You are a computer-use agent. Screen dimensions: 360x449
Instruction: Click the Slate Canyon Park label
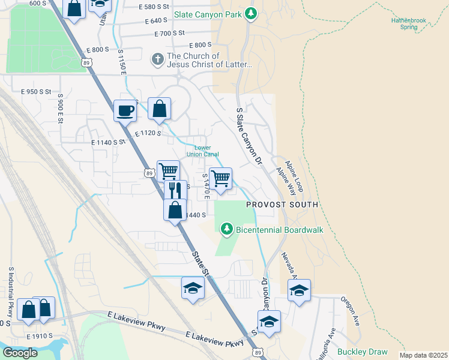pos(208,14)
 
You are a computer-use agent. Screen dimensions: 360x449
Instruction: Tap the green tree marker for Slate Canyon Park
pos(251,14)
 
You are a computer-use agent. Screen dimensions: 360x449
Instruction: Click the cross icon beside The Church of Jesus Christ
pos(157,59)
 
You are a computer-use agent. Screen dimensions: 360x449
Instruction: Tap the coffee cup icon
pos(125,110)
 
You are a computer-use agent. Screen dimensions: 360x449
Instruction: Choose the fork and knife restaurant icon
pos(175,190)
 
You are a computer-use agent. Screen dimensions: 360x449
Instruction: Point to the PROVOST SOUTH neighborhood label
pos(282,205)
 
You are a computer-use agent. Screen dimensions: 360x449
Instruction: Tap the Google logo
pos(20,353)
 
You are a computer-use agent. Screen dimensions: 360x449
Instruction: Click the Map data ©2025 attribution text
pos(423,355)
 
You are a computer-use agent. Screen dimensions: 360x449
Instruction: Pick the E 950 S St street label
pos(37,92)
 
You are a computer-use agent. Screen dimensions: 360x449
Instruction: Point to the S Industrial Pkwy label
pos(11,292)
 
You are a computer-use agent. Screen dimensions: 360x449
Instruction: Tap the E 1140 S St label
pos(108,143)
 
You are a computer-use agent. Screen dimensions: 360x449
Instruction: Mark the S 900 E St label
pos(60,108)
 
